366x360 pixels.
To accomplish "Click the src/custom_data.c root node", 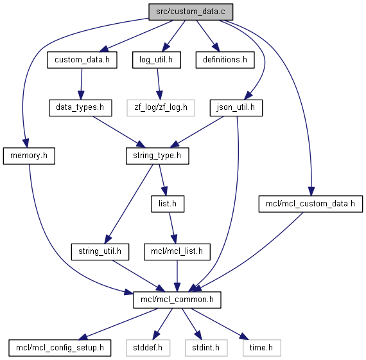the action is (191, 12).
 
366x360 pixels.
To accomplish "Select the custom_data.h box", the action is (82, 60).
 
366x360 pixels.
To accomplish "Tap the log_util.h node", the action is (157, 60).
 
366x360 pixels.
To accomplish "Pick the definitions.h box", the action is (225, 60).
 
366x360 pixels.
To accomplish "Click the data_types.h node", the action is (80, 108).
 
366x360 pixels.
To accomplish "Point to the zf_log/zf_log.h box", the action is (161, 108).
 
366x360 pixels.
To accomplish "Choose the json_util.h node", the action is (236, 108).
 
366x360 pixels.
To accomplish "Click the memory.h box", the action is (29, 156).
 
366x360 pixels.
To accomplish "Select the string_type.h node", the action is (157, 156).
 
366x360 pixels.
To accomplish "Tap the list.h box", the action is (168, 204).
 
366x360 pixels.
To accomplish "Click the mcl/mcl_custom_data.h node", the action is (310, 204).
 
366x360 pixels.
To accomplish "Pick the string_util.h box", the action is (100, 252).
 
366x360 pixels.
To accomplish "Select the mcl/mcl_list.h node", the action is (177, 252).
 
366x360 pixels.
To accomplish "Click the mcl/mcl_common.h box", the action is (177, 300).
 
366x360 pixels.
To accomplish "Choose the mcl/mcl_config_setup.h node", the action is (60, 348).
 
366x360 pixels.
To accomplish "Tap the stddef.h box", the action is (148, 348).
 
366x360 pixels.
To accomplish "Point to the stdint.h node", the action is (206, 348).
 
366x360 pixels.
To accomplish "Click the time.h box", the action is (261, 348).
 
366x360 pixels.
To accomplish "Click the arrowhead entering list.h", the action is (164, 191).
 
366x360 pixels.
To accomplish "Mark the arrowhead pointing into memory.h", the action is (26, 143).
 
